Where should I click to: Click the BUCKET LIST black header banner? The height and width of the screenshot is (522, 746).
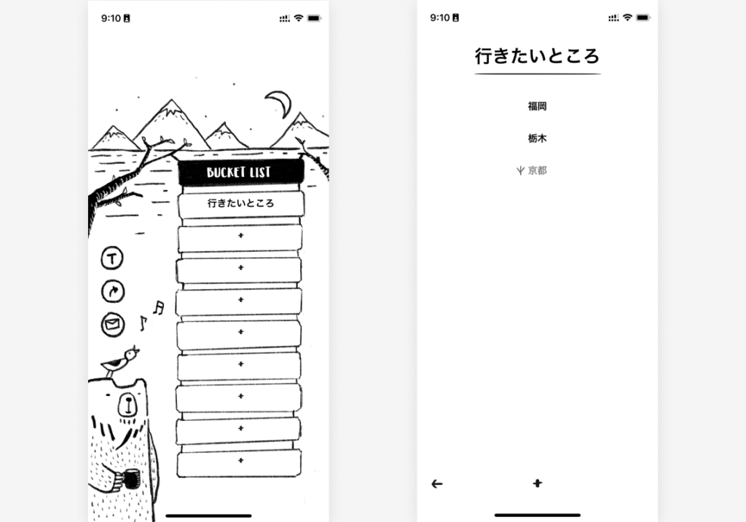point(240,172)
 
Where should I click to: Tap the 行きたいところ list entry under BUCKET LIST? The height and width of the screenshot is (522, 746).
point(240,203)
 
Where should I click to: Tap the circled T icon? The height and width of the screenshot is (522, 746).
point(112,258)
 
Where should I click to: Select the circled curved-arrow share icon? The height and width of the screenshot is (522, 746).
point(113,291)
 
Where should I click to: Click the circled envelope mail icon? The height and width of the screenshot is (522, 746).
point(113,325)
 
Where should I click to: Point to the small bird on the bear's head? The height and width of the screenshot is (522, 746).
point(119,361)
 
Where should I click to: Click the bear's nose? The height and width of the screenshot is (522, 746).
point(127,404)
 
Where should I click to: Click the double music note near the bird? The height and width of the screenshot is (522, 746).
point(158,307)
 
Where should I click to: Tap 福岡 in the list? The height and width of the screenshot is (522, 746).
point(537,106)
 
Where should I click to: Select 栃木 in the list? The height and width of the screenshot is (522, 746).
point(537,138)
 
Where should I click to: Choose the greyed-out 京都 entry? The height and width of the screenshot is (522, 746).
point(537,170)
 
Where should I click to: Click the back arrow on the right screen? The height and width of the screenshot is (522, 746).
point(437,484)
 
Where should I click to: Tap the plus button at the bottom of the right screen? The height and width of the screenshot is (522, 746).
point(537,483)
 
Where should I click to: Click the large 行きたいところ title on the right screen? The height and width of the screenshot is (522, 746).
point(537,56)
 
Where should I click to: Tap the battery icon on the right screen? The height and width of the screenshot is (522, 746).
point(643,17)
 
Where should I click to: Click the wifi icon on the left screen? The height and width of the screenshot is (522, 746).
point(298,18)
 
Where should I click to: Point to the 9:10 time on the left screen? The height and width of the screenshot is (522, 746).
point(111,18)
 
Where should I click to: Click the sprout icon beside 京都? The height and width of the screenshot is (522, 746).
point(520,170)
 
